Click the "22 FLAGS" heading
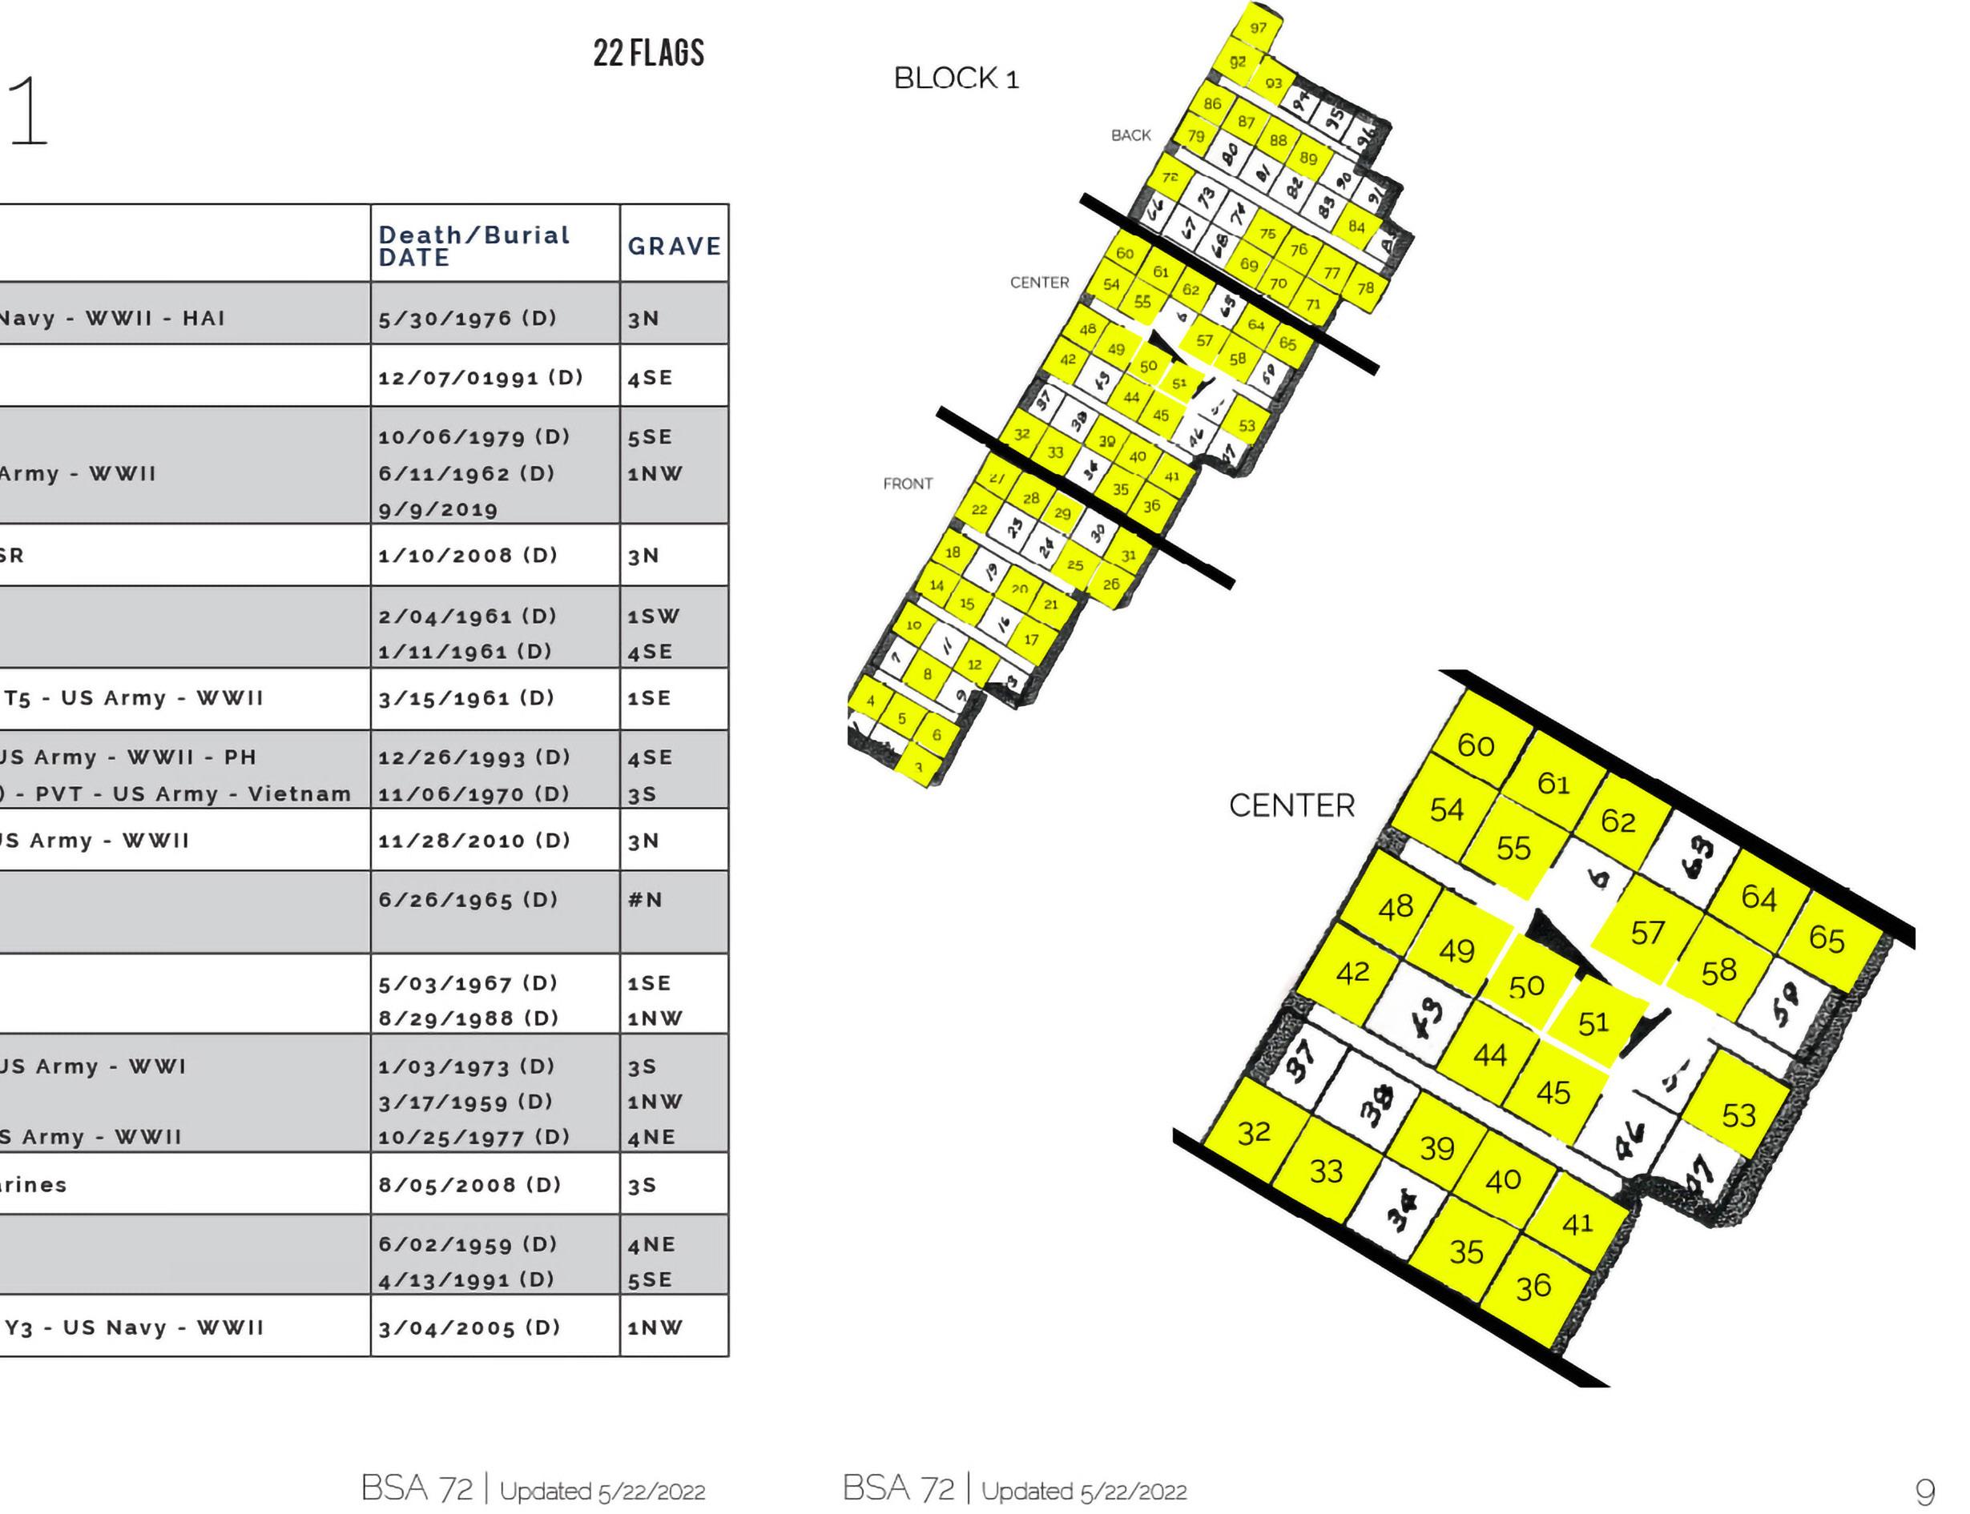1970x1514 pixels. tap(648, 53)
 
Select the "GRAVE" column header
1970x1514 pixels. tap(674, 246)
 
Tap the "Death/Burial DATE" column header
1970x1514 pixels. tap(473, 246)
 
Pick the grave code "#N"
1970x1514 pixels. tap(645, 899)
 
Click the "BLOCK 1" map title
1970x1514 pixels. tap(956, 78)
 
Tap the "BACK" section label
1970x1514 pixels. tap(1130, 135)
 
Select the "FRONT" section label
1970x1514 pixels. tap(907, 484)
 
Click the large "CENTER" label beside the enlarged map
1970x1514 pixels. tap(1291, 805)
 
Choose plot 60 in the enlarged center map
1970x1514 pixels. tap(1475, 745)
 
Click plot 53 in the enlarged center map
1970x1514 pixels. tap(1738, 1114)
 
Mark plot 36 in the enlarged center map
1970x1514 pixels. tap(1533, 1286)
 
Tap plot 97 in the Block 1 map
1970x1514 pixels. tap(1258, 27)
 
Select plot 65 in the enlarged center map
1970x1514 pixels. tap(1826, 938)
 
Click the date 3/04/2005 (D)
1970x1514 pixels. tap(469, 1327)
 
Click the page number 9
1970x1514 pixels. tap(1924, 1492)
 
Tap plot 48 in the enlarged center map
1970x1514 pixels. tap(1395, 906)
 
